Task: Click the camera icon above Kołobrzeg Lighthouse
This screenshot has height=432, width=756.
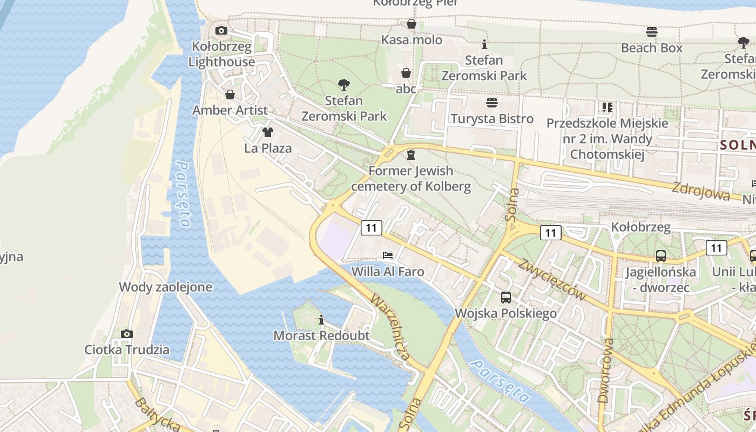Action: pyautogui.click(x=221, y=31)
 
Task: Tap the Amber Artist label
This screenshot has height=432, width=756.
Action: pyautogui.click(x=230, y=110)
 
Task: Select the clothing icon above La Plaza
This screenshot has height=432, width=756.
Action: pyautogui.click(x=267, y=132)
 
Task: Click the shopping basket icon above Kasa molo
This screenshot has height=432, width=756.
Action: pyautogui.click(x=411, y=24)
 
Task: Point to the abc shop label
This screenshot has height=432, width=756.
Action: pyautogui.click(x=406, y=89)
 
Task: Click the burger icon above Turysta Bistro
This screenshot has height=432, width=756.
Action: pyautogui.click(x=491, y=102)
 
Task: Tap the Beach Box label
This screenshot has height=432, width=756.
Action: pyautogui.click(x=652, y=48)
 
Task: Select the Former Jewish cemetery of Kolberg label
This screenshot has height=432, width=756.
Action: pyautogui.click(x=411, y=179)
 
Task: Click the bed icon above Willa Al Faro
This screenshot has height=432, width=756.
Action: pyautogui.click(x=388, y=255)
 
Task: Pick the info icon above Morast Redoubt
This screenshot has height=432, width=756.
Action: pyautogui.click(x=321, y=320)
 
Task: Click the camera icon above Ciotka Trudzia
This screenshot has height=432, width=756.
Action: pyautogui.click(x=127, y=334)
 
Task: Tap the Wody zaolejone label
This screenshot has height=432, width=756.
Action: pyautogui.click(x=166, y=287)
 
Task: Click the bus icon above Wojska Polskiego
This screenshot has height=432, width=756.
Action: pyautogui.click(x=506, y=297)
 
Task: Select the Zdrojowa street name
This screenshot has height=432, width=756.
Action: pyautogui.click(x=701, y=192)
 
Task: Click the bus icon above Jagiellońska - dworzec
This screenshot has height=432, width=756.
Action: pyautogui.click(x=660, y=256)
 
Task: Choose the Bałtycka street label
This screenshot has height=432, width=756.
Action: pyautogui.click(x=157, y=415)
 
